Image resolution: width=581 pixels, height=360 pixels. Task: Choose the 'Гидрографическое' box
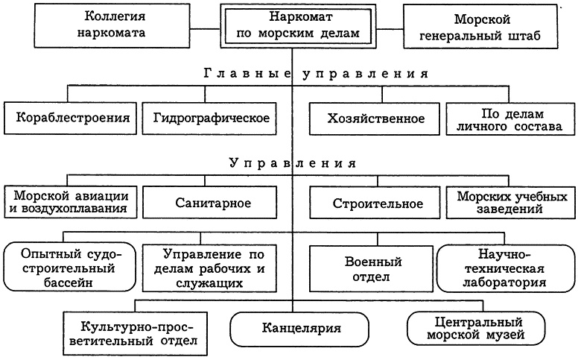211,119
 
